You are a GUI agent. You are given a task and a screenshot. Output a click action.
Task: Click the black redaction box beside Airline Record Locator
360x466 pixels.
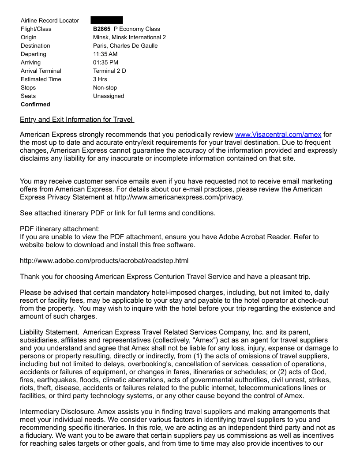[107, 20]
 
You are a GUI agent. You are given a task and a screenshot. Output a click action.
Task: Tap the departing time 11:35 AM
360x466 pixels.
[105, 54]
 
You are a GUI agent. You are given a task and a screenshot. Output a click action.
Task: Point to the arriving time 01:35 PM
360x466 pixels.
[105, 63]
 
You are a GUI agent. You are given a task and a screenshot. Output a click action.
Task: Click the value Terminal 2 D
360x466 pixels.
[109, 71]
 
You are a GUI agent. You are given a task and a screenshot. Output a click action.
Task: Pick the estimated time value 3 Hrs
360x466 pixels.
[100, 79]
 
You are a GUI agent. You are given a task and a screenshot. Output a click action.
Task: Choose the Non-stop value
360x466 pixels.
[105, 88]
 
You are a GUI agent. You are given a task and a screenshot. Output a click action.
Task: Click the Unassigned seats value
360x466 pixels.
[109, 96]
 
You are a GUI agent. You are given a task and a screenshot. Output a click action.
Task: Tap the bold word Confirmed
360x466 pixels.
[35, 105]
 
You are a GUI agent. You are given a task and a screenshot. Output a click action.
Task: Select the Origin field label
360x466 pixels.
[29, 38]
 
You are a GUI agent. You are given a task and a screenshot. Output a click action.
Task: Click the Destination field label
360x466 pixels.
[35, 46]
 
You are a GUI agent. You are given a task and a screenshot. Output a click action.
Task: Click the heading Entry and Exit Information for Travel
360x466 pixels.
[77, 120]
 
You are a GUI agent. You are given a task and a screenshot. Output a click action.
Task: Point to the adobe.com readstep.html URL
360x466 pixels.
[104, 261]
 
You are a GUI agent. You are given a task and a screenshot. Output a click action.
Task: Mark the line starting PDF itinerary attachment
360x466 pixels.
[60, 229]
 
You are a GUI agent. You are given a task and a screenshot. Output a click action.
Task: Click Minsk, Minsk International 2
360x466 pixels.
[129, 38]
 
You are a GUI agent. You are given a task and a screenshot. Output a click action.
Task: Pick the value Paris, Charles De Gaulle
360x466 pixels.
[125, 46]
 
